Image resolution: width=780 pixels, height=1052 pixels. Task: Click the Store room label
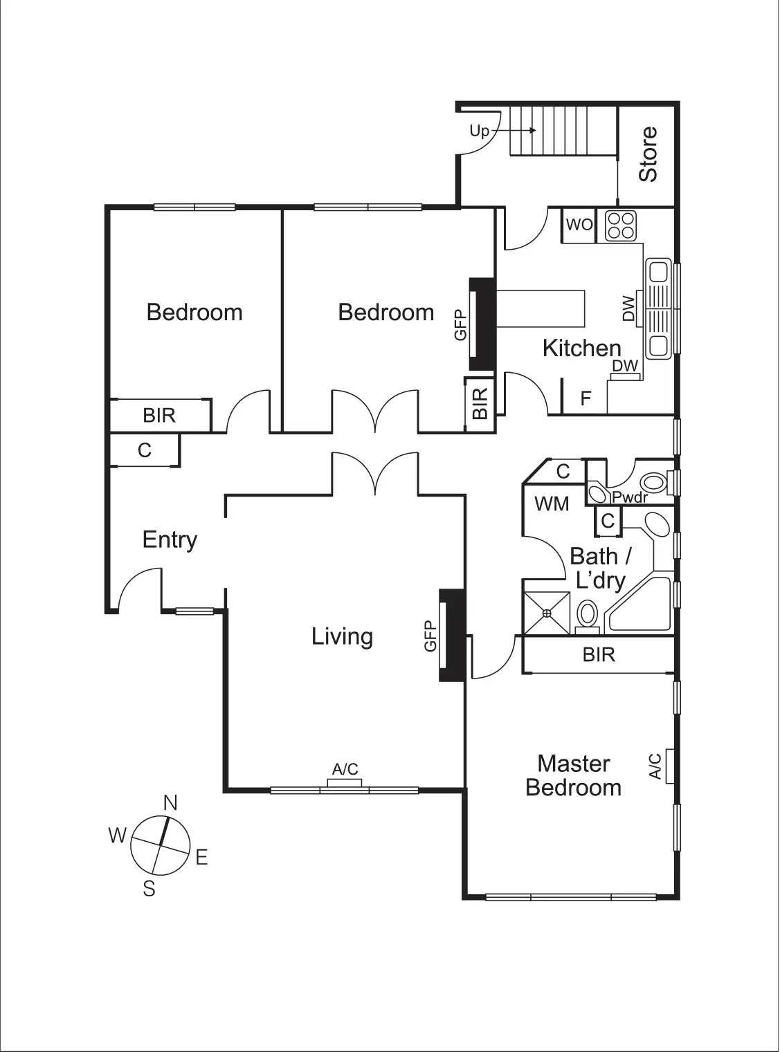pyautogui.click(x=648, y=154)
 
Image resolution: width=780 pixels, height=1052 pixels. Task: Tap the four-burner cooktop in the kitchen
pyautogui.click(x=620, y=225)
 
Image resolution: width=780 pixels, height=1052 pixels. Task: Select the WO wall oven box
pyautogui.click(x=579, y=225)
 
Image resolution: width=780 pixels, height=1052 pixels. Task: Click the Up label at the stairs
pyautogui.click(x=479, y=131)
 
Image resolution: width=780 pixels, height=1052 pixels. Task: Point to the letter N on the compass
pyautogui.click(x=170, y=802)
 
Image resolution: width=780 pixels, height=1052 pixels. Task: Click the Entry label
pyautogui.click(x=170, y=539)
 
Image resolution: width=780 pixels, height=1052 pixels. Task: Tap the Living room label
pyautogui.click(x=342, y=636)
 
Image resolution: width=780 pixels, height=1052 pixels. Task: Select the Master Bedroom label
pyautogui.click(x=573, y=775)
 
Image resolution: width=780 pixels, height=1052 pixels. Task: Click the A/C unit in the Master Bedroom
pyautogui.click(x=669, y=766)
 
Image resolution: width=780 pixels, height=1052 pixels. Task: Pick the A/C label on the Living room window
pyautogui.click(x=345, y=769)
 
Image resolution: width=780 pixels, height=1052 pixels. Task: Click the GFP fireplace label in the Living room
pyautogui.click(x=430, y=636)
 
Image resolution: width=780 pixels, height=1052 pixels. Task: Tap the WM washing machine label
pyautogui.click(x=552, y=504)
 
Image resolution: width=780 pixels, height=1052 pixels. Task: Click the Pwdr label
pyautogui.click(x=629, y=497)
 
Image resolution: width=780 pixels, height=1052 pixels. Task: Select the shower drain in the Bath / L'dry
pyautogui.click(x=547, y=613)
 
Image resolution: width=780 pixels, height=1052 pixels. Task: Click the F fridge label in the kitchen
pyautogui.click(x=586, y=399)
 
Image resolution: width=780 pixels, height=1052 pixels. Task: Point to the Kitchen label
pyautogui.click(x=581, y=348)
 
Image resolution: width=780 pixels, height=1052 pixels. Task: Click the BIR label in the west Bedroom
pyautogui.click(x=159, y=415)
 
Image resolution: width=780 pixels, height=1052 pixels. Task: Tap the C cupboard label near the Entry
pyautogui.click(x=144, y=450)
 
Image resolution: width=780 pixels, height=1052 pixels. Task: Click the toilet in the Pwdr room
pyautogui.click(x=653, y=481)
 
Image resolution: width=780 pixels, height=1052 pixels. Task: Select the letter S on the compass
pyautogui.click(x=149, y=889)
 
